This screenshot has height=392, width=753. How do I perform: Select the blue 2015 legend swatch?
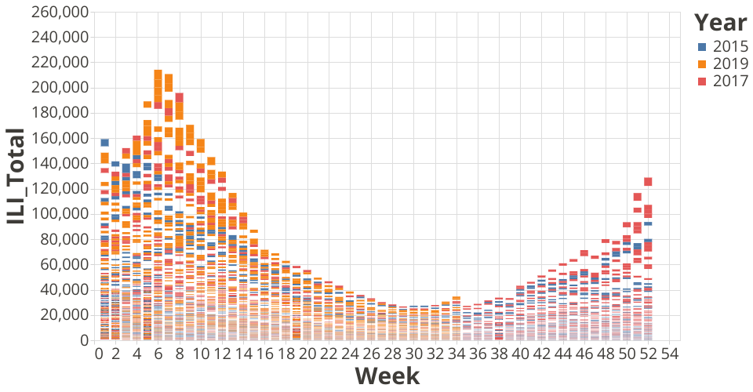click(x=703, y=47)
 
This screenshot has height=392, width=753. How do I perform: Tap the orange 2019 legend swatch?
click(x=703, y=64)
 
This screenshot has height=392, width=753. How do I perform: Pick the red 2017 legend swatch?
click(x=703, y=82)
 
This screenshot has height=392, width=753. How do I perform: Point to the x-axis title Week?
click(x=387, y=376)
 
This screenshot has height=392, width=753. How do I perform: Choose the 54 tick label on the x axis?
click(x=669, y=354)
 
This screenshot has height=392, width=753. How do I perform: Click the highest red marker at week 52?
click(x=649, y=182)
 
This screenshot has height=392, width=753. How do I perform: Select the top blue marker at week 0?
click(x=104, y=142)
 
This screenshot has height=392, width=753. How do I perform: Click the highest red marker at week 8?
click(x=179, y=97)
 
